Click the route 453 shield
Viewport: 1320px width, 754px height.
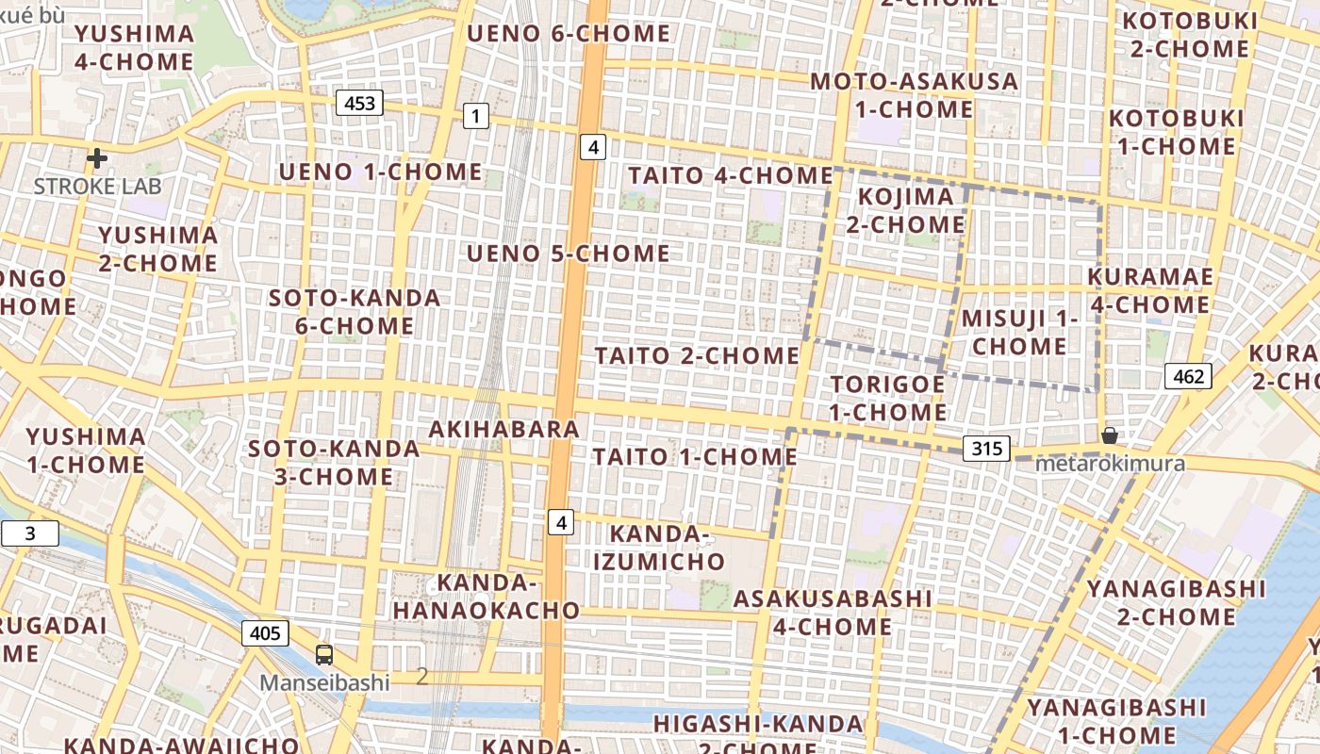coord(360,103)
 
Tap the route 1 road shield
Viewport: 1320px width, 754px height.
coord(476,117)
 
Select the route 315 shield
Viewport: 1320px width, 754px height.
coord(986,449)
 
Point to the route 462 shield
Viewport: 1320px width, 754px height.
coord(1188,376)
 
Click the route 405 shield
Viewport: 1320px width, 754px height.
coord(265,633)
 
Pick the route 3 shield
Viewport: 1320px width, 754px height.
coord(29,534)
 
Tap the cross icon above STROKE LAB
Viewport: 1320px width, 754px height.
coord(96,158)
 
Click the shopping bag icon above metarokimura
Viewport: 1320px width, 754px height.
coord(1110,435)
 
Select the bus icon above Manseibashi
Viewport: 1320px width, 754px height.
coord(324,654)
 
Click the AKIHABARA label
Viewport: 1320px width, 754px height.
coord(503,429)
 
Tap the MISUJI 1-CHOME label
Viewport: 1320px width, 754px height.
coord(1019,332)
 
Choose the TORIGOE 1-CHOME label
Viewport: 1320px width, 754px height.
coord(887,398)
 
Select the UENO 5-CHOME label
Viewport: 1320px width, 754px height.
coord(569,254)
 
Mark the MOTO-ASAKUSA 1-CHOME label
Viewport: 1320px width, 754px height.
coord(914,95)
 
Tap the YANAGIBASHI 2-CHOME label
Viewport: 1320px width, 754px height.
coord(1176,602)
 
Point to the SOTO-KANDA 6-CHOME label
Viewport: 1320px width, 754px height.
coord(355,312)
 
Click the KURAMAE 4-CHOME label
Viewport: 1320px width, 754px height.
coord(1149,290)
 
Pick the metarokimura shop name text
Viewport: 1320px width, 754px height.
coord(1110,464)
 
